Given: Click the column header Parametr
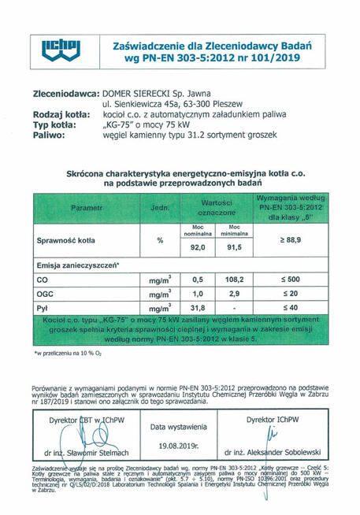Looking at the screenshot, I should click(x=86, y=207).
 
